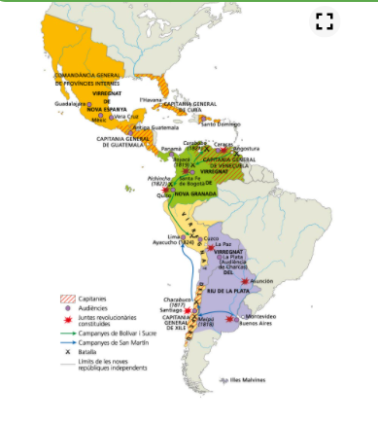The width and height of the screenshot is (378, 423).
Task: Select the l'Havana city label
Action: point(151,99)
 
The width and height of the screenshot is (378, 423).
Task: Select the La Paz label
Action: point(223,244)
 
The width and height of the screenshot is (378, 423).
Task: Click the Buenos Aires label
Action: point(255,327)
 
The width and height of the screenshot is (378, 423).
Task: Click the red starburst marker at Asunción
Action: point(244,282)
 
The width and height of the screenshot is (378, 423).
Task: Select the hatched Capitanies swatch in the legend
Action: point(67,299)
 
